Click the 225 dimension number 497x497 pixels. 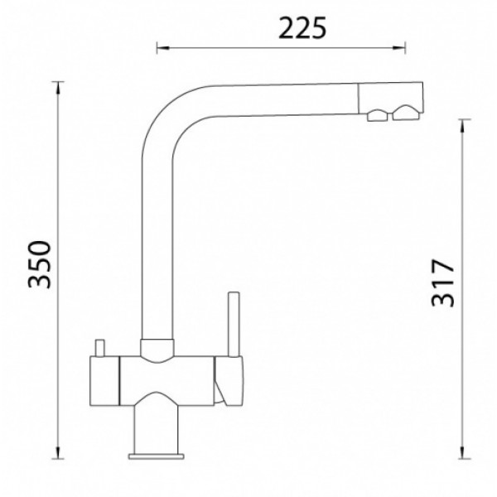[x=302, y=28]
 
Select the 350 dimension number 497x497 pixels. [x=39, y=265]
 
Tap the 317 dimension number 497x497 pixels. [x=443, y=283]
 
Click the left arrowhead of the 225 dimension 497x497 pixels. [x=163, y=48]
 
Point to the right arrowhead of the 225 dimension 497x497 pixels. [x=398, y=48]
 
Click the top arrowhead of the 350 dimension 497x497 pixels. [x=58, y=88]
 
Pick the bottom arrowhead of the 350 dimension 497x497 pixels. [x=58, y=452]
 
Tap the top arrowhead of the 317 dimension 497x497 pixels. [x=462, y=126]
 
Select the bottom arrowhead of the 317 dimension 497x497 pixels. [x=462, y=452]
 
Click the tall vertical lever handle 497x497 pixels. [x=234, y=324]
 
